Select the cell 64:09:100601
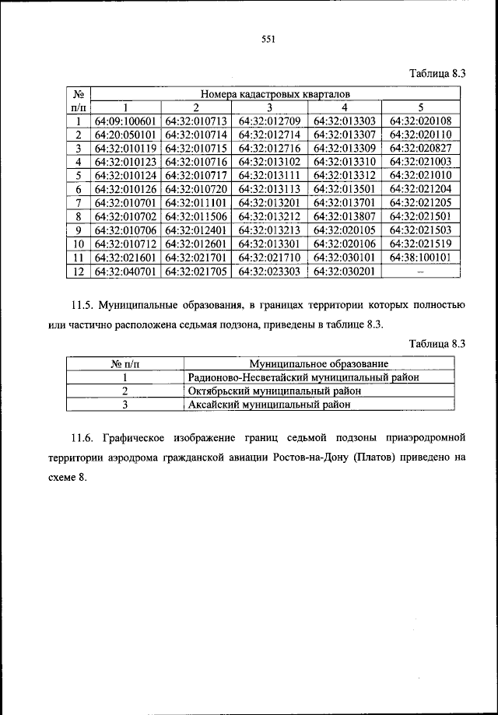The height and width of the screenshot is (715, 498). click(125, 121)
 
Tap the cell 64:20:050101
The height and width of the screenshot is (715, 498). click(125, 135)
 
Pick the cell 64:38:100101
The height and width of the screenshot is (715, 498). click(420, 257)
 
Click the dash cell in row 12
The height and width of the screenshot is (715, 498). click(420, 271)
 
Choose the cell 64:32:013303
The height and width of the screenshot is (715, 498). click(345, 121)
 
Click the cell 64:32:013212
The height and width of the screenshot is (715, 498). click(268, 216)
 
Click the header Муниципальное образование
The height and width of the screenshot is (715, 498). click(318, 363)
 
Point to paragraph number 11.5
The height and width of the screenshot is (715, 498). click(76, 303)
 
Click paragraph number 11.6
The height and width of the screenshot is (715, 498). click(76, 437)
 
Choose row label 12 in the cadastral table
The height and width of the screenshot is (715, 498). click(78, 271)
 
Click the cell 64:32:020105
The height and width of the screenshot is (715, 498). click(345, 230)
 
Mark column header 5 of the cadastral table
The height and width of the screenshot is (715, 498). click(420, 107)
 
